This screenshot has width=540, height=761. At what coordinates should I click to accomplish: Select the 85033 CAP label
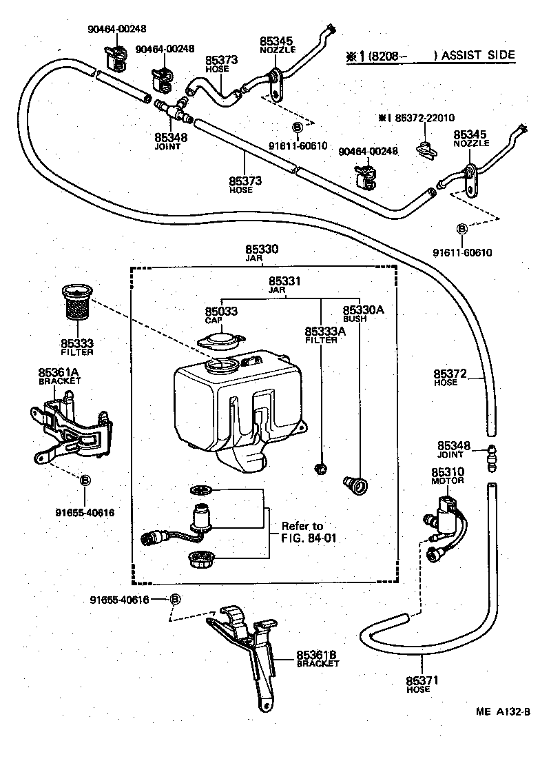[x=221, y=315]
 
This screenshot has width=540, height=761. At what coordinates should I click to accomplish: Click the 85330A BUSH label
[x=363, y=314]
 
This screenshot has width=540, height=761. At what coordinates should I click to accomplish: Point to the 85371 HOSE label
[x=418, y=684]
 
